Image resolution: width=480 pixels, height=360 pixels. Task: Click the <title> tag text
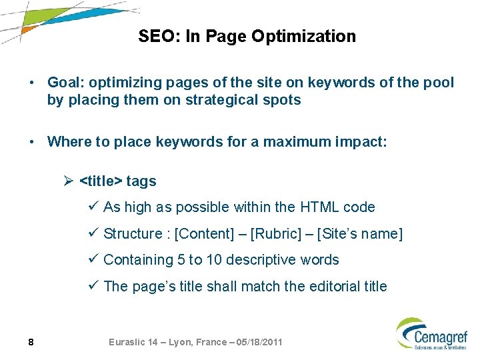[x=101, y=181]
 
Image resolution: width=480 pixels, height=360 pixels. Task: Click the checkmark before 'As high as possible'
[x=93, y=207]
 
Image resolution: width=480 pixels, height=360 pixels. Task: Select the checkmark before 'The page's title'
[x=93, y=286]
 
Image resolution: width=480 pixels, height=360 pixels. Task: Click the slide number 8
[x=31, y=342]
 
